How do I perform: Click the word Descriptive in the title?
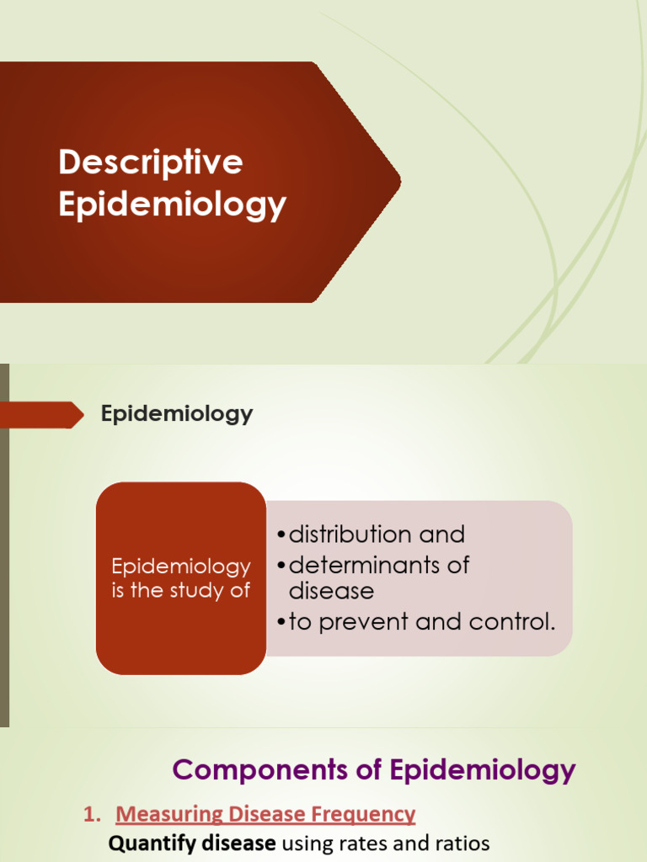(x=150, y=162)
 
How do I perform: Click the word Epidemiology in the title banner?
(x=172, y=205)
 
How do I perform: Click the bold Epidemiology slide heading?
(x=177, y=414)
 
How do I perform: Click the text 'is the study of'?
(x=181, y=590)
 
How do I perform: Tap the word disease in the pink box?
(x=331, y=591)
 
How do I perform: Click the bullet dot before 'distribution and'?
(x=281, y=535)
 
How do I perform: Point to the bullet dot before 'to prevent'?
(x=281, y=623)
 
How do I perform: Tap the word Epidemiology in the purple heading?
(x=483, y=769)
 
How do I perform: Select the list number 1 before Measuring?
(x=88, y=814)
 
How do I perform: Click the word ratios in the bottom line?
(x=460, y=843)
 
